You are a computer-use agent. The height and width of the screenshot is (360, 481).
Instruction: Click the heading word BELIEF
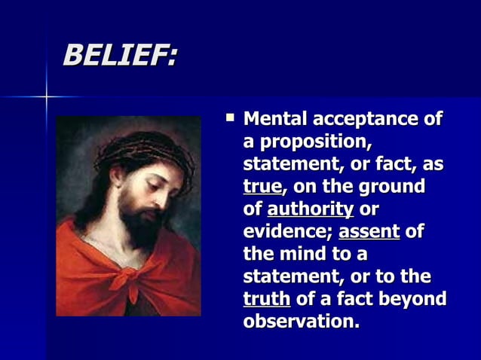click(119, 55)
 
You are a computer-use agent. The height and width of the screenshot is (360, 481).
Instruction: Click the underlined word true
click(262, 187)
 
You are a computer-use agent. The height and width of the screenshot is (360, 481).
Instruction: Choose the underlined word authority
click(310, 209)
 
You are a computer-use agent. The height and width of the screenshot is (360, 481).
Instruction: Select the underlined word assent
click(369, 231)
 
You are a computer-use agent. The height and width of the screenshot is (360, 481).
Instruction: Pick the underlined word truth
click(267, 299)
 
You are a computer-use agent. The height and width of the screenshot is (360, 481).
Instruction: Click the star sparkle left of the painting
click(46, 97)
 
